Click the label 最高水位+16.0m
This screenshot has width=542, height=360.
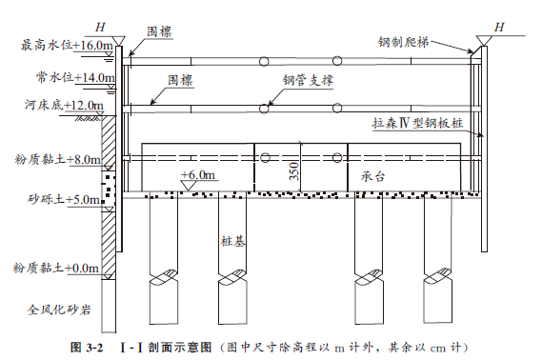67,46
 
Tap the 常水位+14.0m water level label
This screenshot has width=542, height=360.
75,77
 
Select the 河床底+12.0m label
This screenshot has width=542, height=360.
64,105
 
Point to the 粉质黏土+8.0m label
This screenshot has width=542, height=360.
58,159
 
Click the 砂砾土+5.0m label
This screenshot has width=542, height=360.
64,199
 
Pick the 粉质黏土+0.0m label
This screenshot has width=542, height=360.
56,269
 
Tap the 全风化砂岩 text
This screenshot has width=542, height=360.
59,310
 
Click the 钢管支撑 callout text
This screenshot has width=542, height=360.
308,80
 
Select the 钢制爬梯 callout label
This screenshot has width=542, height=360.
403,42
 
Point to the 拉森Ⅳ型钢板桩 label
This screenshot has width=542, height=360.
417,123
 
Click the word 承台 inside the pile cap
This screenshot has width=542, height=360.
372,176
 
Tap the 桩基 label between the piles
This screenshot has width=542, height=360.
233,241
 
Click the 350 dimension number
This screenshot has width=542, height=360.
293,171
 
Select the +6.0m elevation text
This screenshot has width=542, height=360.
198,175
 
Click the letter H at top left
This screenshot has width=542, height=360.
100,27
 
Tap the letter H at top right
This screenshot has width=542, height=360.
499,27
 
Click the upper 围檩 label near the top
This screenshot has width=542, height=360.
159,31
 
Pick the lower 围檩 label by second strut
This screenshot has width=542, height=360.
180,81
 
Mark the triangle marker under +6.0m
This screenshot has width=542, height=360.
189,186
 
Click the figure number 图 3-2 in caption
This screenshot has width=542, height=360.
87,348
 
